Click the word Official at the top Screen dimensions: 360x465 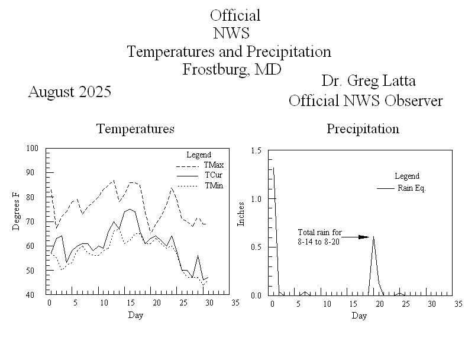(x=235, y=15)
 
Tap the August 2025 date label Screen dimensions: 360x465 (x=70, y=92)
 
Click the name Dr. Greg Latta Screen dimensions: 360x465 (x=365, y=81)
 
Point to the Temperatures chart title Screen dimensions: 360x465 (x=135, y=128)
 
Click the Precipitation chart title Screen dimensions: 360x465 (x=363, y=128)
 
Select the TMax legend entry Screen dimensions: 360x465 (x=214, y=165)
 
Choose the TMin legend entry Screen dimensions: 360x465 (x=214, y=186)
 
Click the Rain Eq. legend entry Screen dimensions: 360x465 (x=412, y=188)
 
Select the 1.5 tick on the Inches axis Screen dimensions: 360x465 (x=256, y=151)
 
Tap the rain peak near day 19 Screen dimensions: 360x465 (x=373, y=237)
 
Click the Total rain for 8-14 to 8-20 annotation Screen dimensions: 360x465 (x=319, y=237)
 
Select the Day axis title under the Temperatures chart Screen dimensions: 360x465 (x=135, y=315)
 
